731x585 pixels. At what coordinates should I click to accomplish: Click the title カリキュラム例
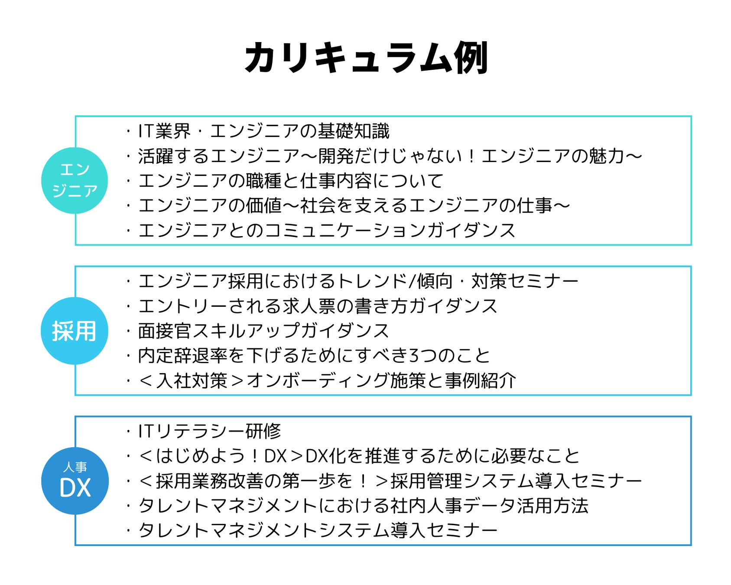coord(366,58)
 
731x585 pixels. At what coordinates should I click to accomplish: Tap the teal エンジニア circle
coord(75,180)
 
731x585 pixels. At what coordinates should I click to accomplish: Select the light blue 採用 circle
coord(75,331)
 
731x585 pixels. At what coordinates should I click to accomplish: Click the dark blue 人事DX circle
coord(75,481)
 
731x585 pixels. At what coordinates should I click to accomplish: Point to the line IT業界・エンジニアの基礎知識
coord(263,131)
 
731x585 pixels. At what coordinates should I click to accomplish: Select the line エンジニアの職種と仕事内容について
coord(290,181)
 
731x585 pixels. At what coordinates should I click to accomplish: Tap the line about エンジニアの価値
coord(354,205)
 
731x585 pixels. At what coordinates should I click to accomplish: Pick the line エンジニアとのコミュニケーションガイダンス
coord(326,230)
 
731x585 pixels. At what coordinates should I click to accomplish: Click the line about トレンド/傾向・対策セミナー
coord(358,281)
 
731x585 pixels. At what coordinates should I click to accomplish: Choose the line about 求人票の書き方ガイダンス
coord(317,306)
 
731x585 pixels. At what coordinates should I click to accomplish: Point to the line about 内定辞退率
coord(314,356)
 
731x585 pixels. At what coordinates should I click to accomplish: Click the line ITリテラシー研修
coord(209,431)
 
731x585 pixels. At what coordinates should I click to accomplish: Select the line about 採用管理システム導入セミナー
coord(390,481)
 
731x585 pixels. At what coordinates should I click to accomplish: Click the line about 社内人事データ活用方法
coord(363,506)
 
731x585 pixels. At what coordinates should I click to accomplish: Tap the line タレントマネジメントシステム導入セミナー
coord(317,530)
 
